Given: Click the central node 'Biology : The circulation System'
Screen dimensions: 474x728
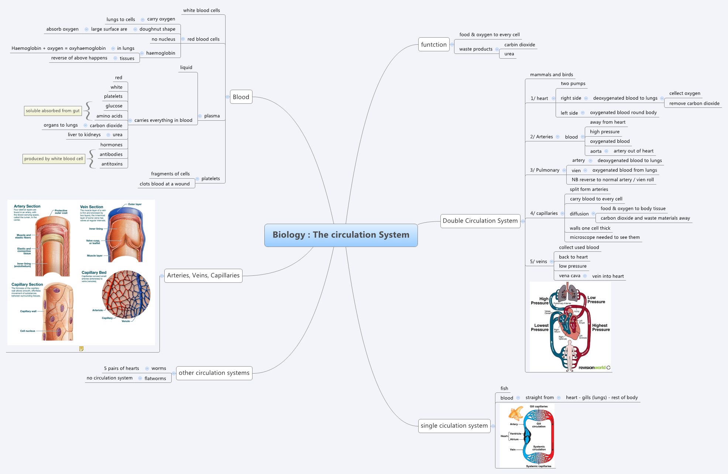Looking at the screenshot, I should (x=341, y=235).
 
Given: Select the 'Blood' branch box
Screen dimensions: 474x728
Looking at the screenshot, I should (x=241, y=97).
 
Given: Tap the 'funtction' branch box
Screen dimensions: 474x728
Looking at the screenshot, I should (x=434, y=45).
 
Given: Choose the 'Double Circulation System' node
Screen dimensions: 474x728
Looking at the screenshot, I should (x=480, y=221).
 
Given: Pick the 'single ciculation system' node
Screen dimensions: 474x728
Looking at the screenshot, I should (x=454, y=426).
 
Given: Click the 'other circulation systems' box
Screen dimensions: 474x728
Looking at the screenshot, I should (x=214, y=373).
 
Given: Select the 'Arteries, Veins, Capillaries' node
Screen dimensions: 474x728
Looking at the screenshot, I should (x=203, y=275).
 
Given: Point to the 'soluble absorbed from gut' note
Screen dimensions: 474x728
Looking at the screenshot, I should (x=53, y=111).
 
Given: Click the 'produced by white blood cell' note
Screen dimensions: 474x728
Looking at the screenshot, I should (x=54, y=159).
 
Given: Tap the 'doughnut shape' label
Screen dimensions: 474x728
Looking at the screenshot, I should (x=157, y=29).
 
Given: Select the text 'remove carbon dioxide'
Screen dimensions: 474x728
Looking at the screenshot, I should (x=694, y=103).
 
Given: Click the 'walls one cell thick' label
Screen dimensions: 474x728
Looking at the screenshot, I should (x=590, y=228).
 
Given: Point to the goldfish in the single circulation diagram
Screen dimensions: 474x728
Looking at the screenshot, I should (x=516, y=413).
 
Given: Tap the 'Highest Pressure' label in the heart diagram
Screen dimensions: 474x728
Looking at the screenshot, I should (x=601, y=327).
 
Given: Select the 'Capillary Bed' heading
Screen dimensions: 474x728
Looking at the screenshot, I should (x=94, y=272).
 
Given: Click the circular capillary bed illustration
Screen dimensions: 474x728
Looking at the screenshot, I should (x=126, y=294).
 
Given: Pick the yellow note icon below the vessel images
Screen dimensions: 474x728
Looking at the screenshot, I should (x=81, y=348).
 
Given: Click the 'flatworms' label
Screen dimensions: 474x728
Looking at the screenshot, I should (x=155, y=378).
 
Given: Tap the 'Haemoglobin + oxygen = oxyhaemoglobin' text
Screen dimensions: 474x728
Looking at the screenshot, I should (x=58, y=48).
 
